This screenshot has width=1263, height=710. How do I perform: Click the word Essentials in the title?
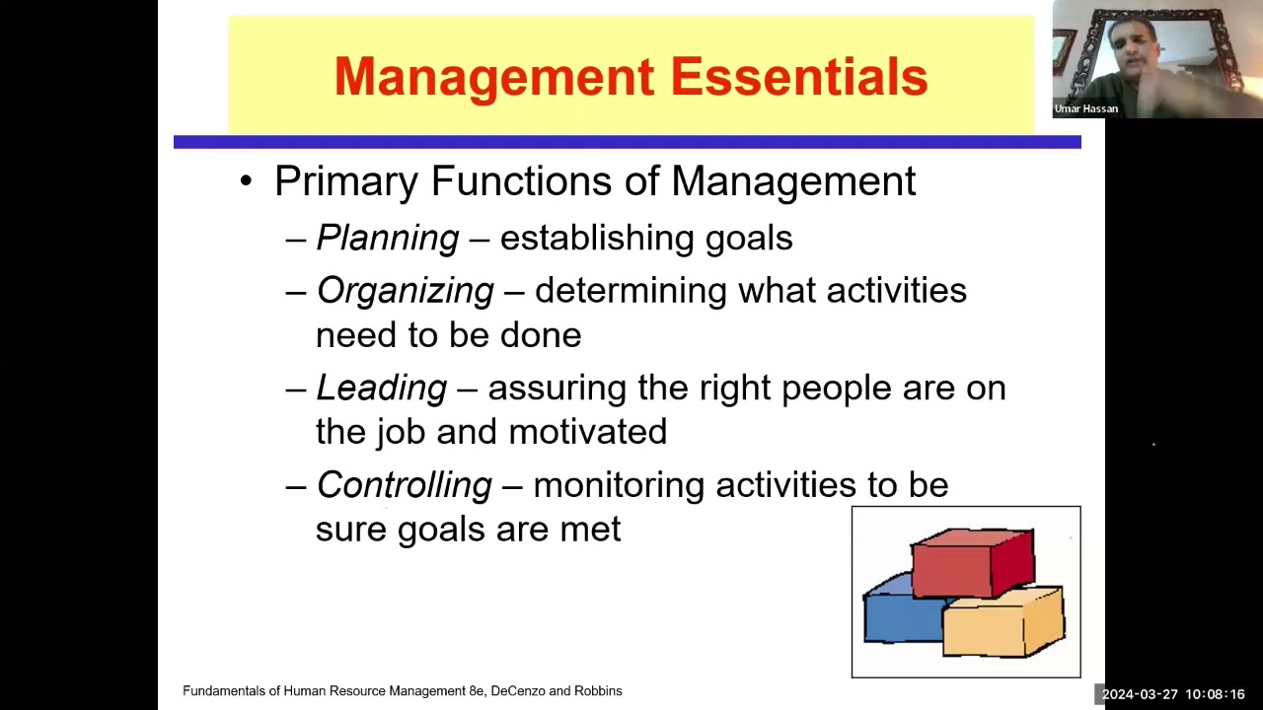[x=799, y=76]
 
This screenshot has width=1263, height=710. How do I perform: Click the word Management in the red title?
[x=494, y=78]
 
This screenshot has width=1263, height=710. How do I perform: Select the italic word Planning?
[x=388, y=239]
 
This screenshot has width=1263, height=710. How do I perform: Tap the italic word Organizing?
[x=406, y=291]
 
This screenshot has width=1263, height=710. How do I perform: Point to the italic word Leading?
[x=382, y=389]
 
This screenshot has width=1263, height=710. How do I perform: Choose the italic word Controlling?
[x=405, y=485]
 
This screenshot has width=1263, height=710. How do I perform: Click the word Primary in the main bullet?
[x=346, y=182]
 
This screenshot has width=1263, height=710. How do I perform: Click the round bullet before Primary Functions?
[x=246, y=182]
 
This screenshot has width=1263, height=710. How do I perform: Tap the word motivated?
[x=587, y=432]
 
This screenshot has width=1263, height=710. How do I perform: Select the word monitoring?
[x=619, y=486]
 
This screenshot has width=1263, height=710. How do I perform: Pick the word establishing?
[x=597, y=239]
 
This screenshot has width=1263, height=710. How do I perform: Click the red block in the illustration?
[x=973, y=562]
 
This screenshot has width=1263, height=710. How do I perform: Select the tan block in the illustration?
[x=1003, y=622]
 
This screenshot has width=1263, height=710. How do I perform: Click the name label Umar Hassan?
[x=1086, y=108]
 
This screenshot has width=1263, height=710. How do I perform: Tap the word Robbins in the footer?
[x=598, y=691]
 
